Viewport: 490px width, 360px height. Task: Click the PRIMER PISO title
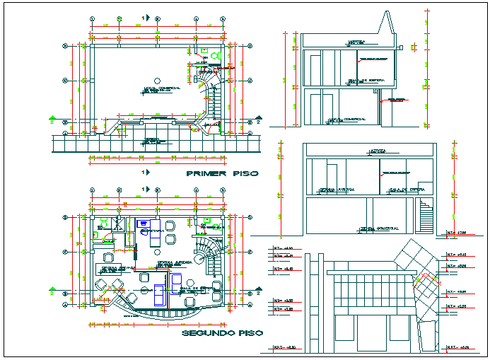(x=221, y=173)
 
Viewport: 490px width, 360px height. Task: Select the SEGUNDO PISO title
(x=221, y=332)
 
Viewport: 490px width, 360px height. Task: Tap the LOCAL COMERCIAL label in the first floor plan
(x=161, y=89)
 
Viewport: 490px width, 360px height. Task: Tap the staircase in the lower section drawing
(x=426, y=216)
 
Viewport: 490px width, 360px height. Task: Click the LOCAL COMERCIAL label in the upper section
(x=346, y=119)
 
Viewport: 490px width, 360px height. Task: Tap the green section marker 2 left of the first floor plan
(x=52, y=118)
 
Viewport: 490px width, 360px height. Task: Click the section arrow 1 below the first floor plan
(x=146, y=172)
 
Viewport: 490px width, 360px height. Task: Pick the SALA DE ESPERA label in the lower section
(x=407, y=190)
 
